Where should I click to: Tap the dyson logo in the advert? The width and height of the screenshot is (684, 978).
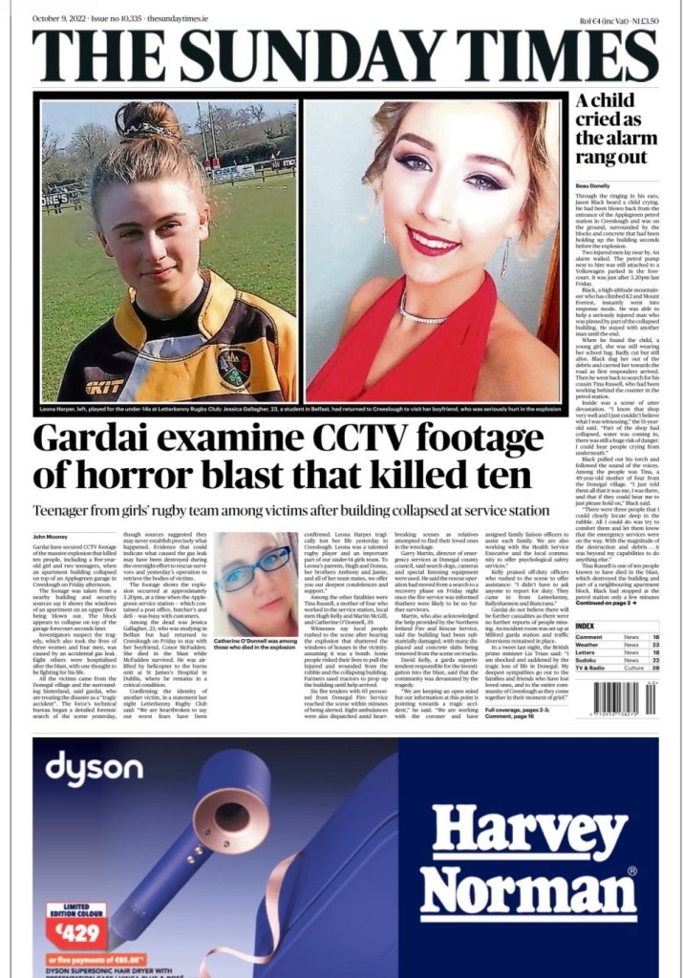pos(94,768)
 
